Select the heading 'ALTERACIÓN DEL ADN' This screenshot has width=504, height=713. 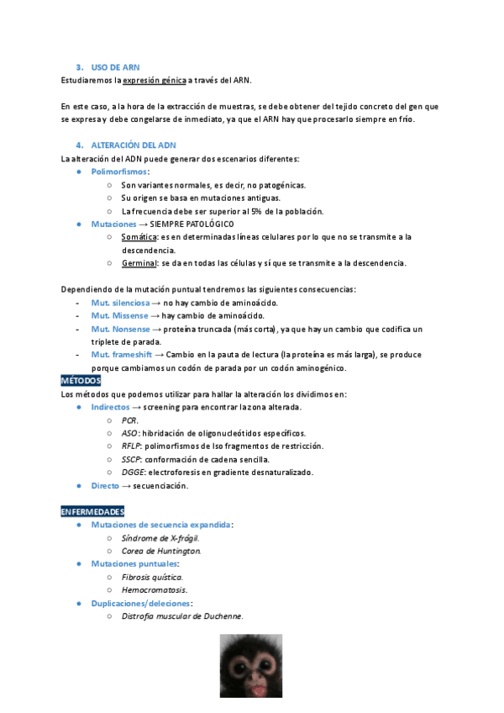pyautogui.click(x=134, y=145)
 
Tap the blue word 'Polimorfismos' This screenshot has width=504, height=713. pyautogui.click(x=118, y=172)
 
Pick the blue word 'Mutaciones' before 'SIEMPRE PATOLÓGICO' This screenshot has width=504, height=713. pyautogui.click(x=113, y=224)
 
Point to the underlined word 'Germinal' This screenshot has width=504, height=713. pyautogui.click(x=139, y=263)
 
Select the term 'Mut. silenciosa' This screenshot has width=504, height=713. pyautogui.click(x=120, y=303)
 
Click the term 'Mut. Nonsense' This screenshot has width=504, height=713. pyautogui.click(x=119, y=329)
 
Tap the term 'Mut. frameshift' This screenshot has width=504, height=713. pyautogui.click(x=123, y=355)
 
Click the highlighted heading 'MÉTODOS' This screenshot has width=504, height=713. pyautogui.click(x=81, y=381)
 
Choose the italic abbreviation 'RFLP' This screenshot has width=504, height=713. pyautogui.click(x=132, y=446)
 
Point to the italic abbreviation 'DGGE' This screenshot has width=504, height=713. pyautogui.click(x=133, y=472)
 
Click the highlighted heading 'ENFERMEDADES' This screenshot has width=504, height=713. pyautogui.click(x=92, y=511)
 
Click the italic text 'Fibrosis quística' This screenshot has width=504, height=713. pyautogui.click(x=152, y=577)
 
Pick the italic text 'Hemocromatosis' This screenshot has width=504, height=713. pyautogui.click(x=154, y=589)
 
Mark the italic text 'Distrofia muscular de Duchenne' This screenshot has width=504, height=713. pyautogui.click(x=181, y=615)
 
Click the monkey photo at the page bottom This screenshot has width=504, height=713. pyautogui.click(x=251, y=666)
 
